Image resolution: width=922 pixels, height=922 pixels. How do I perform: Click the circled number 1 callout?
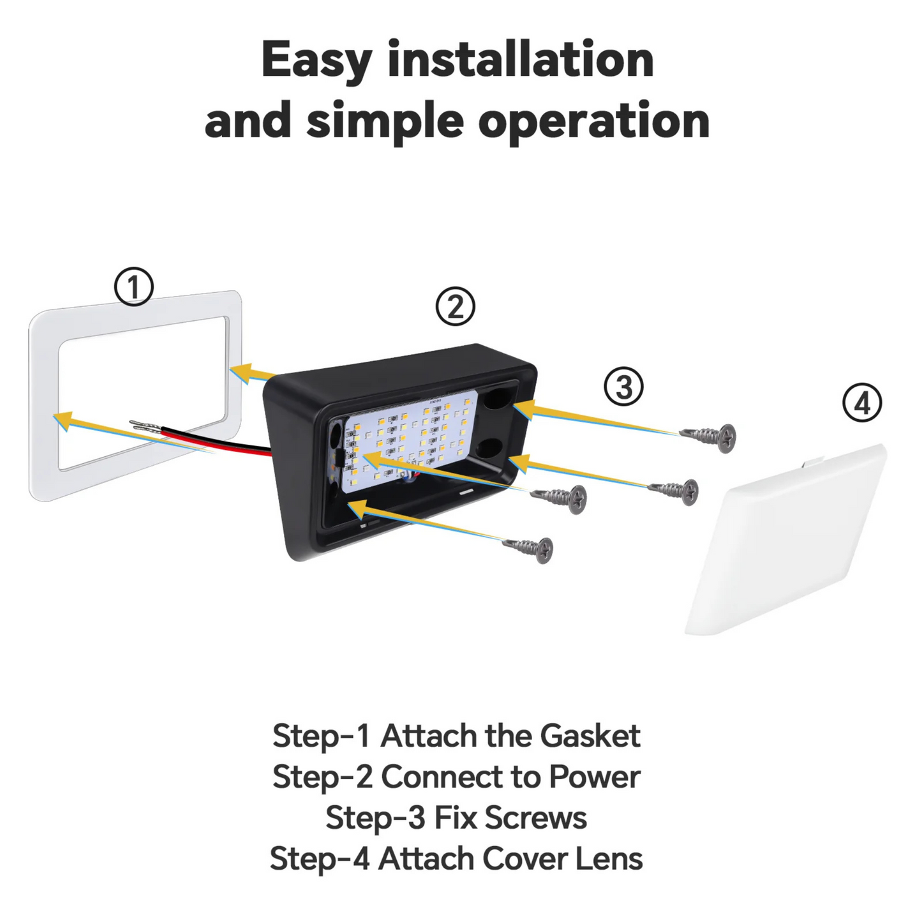tap(134, 286)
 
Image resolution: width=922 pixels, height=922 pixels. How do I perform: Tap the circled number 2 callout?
tap(455, 307)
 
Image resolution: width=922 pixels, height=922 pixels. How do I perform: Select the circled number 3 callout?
tap(623, 387)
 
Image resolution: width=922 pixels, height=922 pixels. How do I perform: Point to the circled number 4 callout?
tap(862, 403)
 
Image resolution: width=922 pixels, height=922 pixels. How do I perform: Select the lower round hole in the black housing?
tap(491, 450)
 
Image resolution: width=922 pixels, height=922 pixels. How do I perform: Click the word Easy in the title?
tap(316, 61)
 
